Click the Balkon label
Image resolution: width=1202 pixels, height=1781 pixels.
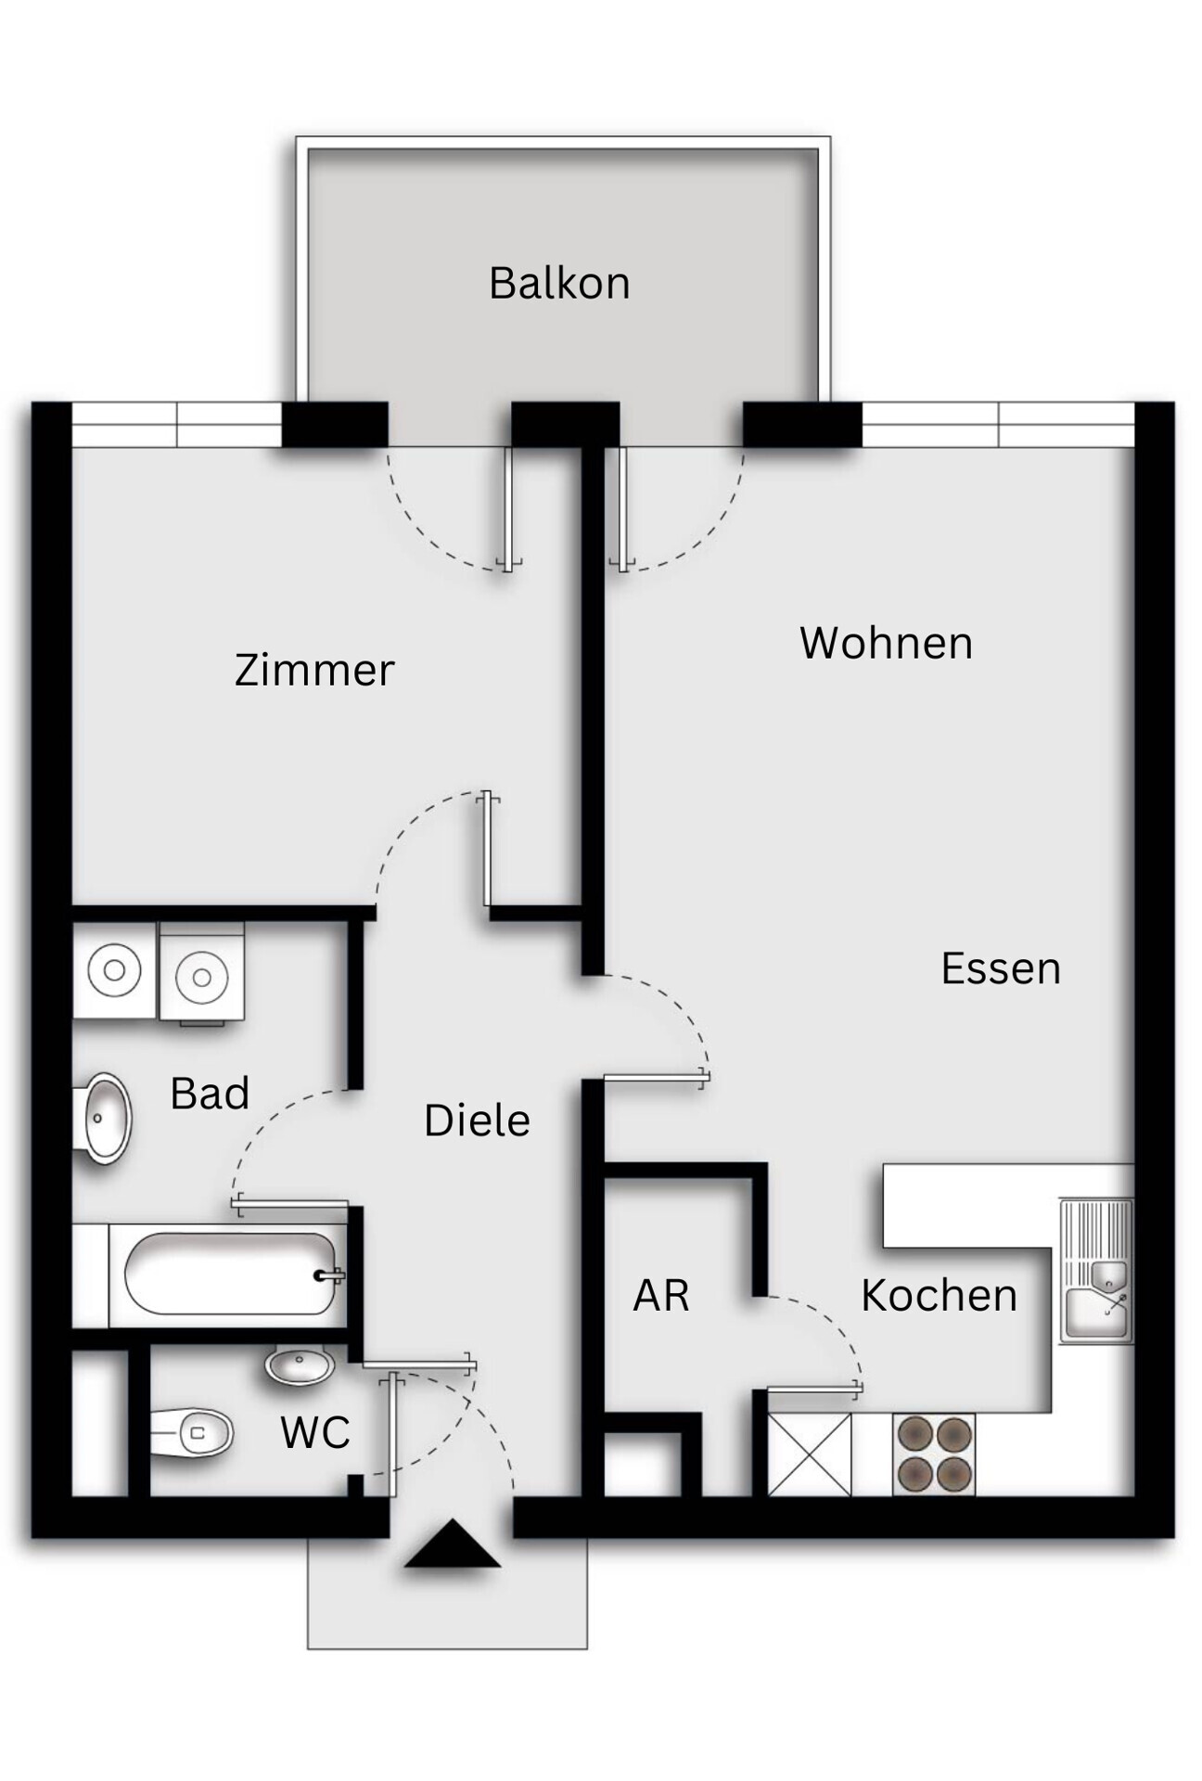[x=559, y=283]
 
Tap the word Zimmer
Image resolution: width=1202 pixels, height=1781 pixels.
[x=314, y=670]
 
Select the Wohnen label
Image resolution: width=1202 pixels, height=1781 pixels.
[x=886, y=643]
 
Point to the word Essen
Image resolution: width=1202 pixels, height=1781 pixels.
[x=1001, y=968]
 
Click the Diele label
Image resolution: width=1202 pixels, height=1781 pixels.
[x=477, y=1121]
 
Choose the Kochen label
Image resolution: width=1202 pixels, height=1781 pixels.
[x=939, y=1295]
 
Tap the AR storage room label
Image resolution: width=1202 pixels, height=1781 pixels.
[x=661, y=1295]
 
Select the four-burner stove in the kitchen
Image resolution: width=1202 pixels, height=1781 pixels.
[x=934, y=1454]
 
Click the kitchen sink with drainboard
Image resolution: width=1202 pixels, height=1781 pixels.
[x=1097, y=1271]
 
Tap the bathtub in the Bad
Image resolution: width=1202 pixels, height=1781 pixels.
[x=230, y=1274]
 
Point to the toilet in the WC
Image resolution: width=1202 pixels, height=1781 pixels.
[x=193, y=1433]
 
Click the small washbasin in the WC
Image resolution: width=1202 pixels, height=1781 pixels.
[x=300, y=1365]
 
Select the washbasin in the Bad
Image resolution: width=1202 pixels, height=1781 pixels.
[x=105, y=1118]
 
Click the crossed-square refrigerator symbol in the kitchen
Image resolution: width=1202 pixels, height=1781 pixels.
[x=810, y=1454]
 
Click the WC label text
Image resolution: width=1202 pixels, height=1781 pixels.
[x=315, y=1433]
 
